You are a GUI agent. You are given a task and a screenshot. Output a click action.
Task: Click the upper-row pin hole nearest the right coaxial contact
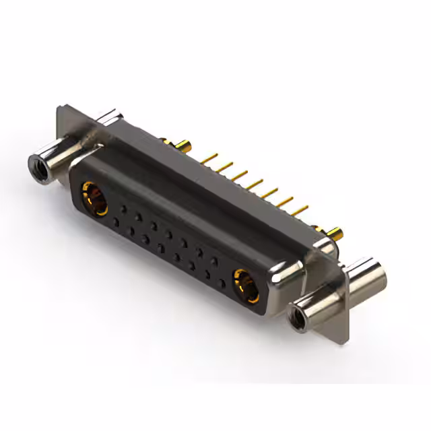[214, 259]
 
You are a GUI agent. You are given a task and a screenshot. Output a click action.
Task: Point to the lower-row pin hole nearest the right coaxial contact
[223, 277]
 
